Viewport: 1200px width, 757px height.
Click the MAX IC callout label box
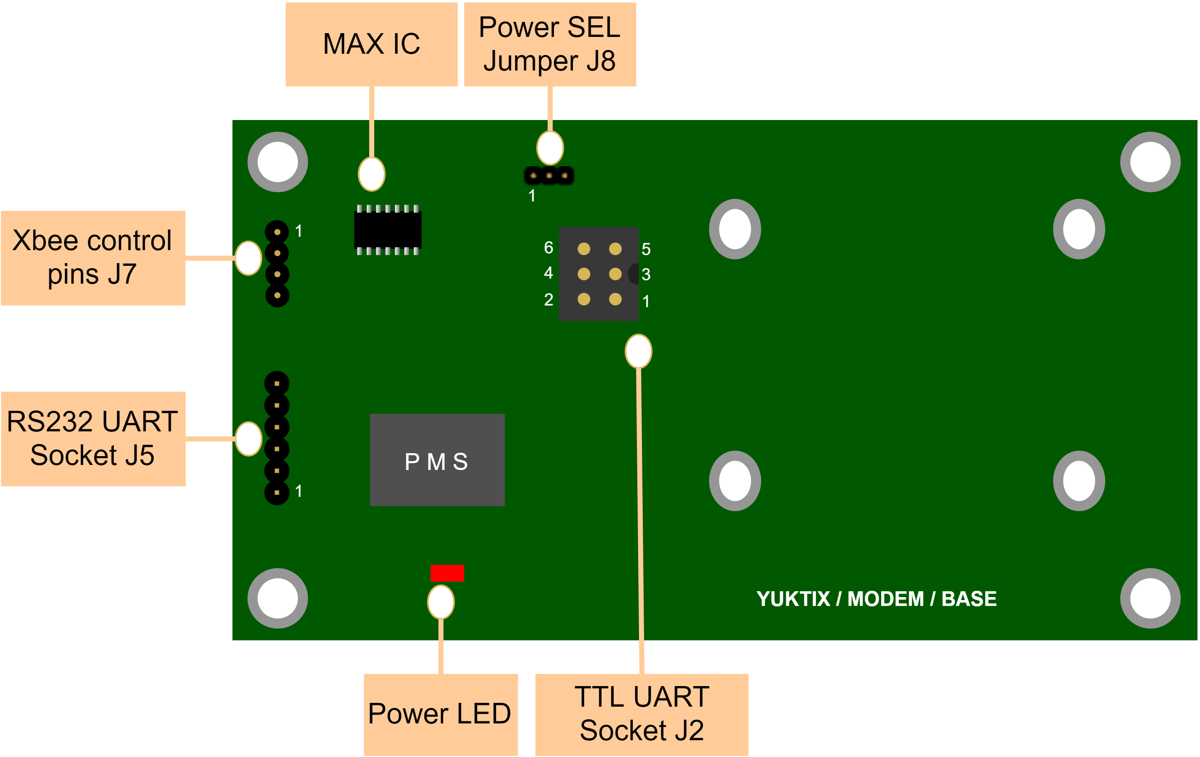click(371, 44)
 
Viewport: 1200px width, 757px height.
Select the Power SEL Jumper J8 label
click(550, 44)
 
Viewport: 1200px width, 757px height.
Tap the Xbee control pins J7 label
click(93, 258)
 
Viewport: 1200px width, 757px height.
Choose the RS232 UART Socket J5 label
click(93, 439)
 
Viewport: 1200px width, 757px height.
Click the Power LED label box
click(441, 714)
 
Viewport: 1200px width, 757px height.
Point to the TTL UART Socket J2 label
click(642, 714)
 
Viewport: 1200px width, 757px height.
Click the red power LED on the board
click(447, 573)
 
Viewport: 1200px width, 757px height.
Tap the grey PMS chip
click(437, 460)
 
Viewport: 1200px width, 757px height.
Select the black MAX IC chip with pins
click(388, 230)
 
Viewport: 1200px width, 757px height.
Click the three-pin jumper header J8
click(549, 175)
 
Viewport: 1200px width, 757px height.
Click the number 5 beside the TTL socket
click(646, 249)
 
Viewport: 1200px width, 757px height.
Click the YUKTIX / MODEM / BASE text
click(876, 598)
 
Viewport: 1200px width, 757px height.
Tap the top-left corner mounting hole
click(278, 162)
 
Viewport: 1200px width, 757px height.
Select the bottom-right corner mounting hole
click(1150, 598)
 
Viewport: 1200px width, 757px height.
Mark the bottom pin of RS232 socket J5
click(277, 492)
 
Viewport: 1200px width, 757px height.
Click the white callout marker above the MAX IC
click(371, 174)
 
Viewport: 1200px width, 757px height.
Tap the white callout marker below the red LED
click(441, 602)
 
